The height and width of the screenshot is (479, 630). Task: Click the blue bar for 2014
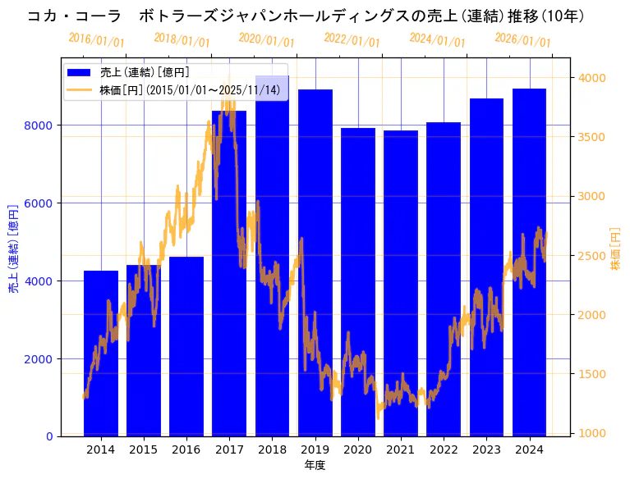pos(101,353)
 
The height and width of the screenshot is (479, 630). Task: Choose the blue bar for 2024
pos(529,262)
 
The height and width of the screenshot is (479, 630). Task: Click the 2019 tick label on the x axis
pos(315,449)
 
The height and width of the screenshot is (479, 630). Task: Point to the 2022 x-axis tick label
pos(444,449)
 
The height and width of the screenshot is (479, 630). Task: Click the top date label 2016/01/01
pos(96,40)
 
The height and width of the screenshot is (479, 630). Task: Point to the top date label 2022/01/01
pos(352,39)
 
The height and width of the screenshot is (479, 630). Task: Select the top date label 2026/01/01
pos(522,39)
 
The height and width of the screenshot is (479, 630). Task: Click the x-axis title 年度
pos(315,465)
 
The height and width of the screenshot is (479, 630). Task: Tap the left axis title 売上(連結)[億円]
pos(14,249)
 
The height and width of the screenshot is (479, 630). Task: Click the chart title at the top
pos(306,16)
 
